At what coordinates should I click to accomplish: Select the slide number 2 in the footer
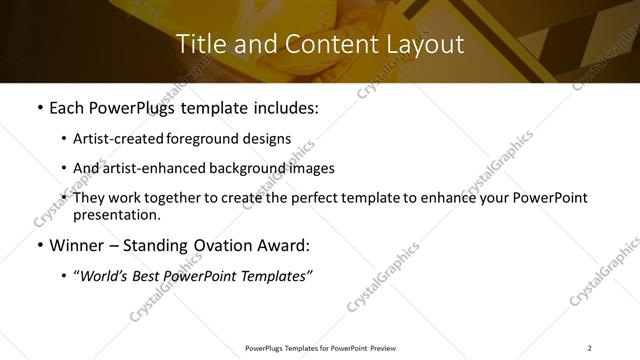[589, 348]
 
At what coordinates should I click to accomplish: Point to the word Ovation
[228, 245]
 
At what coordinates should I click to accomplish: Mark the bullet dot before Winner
[38, 246]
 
